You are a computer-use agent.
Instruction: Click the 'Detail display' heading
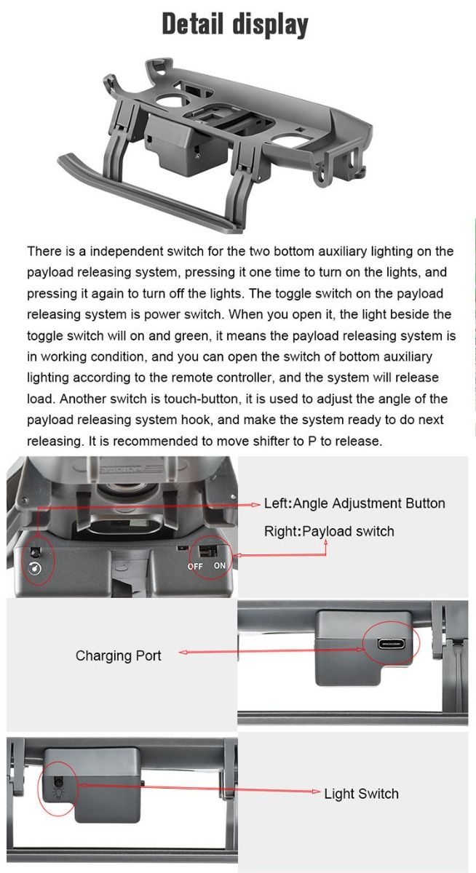coord(235,25)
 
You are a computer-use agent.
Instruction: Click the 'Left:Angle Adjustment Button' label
coord(354,503)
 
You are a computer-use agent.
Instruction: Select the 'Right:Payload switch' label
coord(328,531)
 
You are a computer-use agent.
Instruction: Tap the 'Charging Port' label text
coord(118,655)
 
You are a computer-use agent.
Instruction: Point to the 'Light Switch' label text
coord(361,793)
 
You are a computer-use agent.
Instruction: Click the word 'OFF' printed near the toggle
coord(195,566)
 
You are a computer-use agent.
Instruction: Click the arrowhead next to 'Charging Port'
coord(182,653)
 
